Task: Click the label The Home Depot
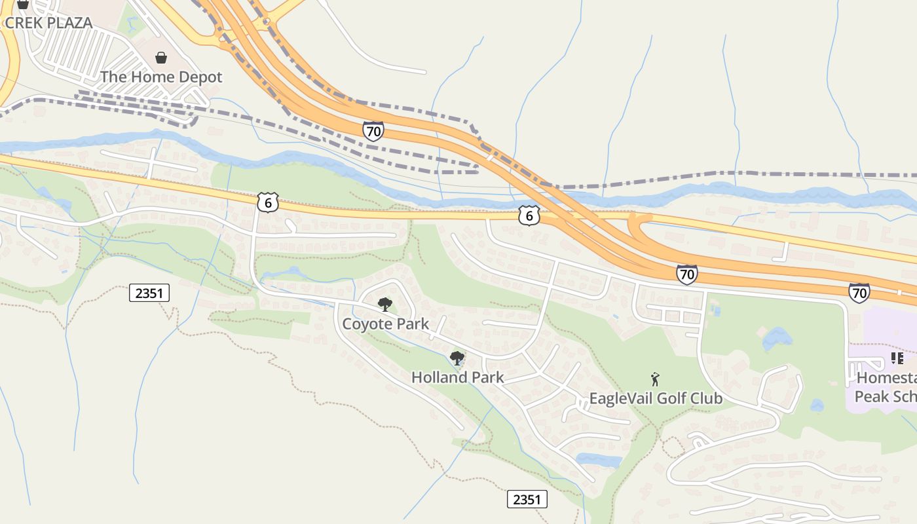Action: pyautogui.click(x=161, y=77)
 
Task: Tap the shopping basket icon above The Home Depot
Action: pyautogui.click(x=161, y=58)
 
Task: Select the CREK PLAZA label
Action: pyautogui.click(x=48, y=22)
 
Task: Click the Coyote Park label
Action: pyautogui.click(x=386, y=324)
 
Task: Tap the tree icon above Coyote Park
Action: pyautogui.click(x=385, y=305)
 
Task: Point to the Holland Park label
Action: pyautogui.click(x=457, y=377)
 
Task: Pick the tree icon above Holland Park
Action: pyautogui.click(x=457, y=358)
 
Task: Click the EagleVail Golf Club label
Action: pyautogui.click(x=656, y=398)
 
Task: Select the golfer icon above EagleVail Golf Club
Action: pyautogui.click(x=655, y=379)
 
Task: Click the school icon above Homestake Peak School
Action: pyautogui.click(x=897, y=358)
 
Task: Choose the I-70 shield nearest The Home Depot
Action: pyautogui.click(x=373, y=131)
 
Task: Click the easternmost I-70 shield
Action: pyautogui.click(x=859, y=293)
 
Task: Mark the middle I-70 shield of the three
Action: pyautogui.click(x=686, y=274)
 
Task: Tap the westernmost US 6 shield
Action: pyautogui.click(x=267, y=202)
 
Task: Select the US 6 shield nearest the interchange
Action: pyautogui.click(x=529, y=215)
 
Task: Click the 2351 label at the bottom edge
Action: pyautogui.click(x=527, y=500)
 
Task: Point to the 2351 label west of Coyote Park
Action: pyautogui.click(x=149, y=293)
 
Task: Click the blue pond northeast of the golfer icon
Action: pyautogui.click(x=777, y=339)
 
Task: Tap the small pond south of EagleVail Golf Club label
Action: pyautogui.click(x=599, y=460)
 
